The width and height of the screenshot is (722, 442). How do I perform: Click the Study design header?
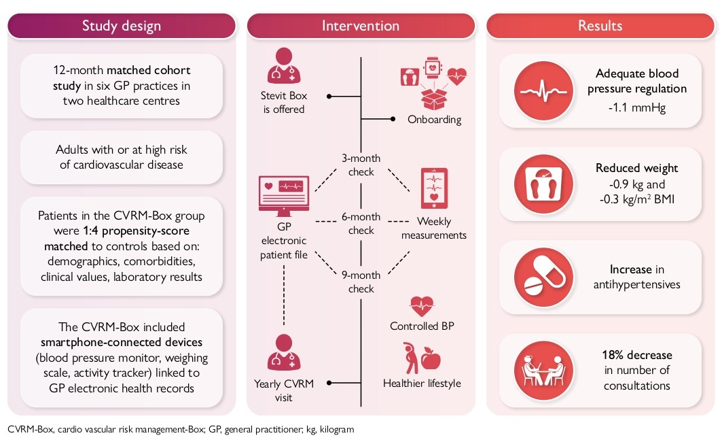point(122,26)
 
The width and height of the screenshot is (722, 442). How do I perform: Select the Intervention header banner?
point(360,26)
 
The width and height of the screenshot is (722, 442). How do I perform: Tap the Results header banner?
point(600,26)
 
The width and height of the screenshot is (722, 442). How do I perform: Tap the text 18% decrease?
point(636,355)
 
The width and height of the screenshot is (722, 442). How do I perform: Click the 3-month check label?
point(361,165)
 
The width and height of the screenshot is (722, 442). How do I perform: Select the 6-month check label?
point(361,224)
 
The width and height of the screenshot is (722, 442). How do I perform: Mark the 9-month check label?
point(361,282)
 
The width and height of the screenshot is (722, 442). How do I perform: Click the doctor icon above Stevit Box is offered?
point(284,67)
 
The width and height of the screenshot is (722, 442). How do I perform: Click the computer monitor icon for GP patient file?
point(283,192)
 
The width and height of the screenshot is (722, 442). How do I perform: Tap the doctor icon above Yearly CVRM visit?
point(284,352)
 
